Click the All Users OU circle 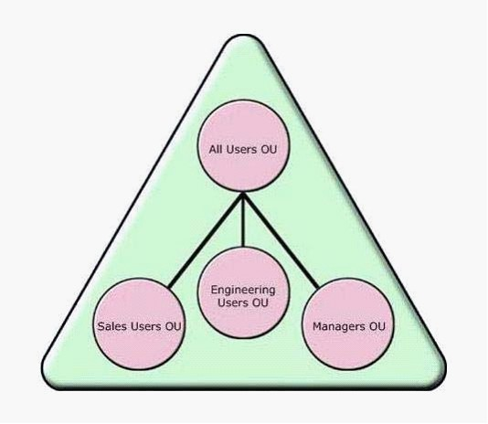pos(243,145)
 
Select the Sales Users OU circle pos(139,323)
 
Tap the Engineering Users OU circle pos(243,292)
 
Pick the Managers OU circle pos(348,323)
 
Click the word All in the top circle pos(216,149)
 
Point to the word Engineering pos(243,291)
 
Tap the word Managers pos(339,326)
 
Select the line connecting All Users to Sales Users pos(206,239)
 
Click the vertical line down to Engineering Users pos(244,220)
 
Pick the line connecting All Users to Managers pos(281,239)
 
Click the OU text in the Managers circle pos(377,326)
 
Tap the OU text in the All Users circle pos(269,149)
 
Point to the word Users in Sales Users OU pos(146,326)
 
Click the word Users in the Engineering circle pos(233,302)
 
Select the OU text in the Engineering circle pos(260,302)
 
